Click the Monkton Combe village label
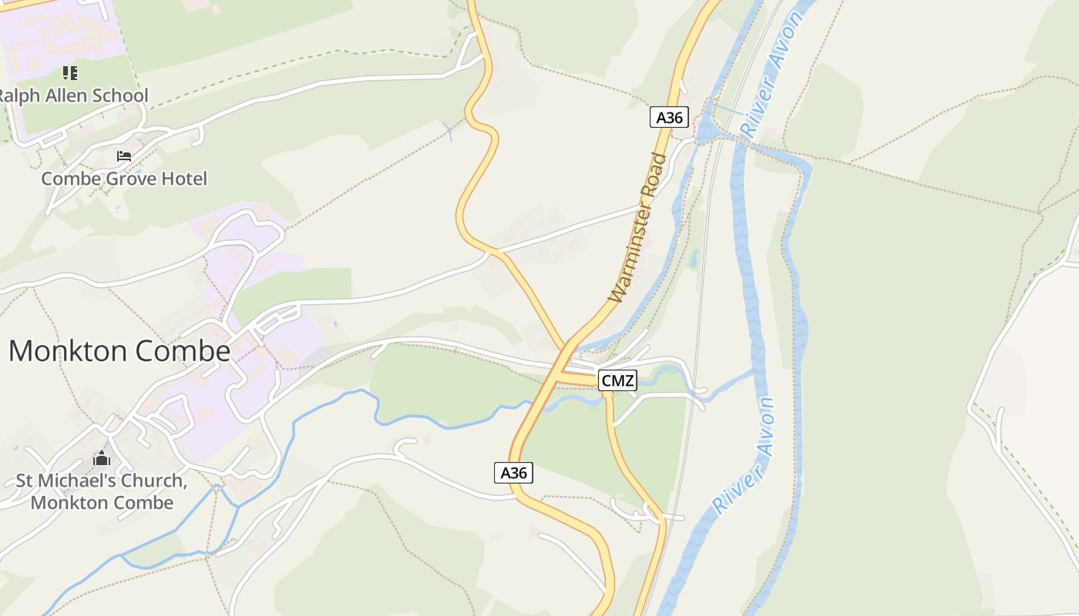[119, 351]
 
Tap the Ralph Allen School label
[74, 96]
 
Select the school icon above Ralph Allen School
[70, 73]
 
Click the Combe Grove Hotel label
[124, 179]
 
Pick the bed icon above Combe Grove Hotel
[124, 156]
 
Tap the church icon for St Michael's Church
[102, 459]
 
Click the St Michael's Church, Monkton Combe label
[102, 492]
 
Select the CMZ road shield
[617, 380]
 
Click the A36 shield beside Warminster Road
[668, 118]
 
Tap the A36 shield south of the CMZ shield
[513, 473]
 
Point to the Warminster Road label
[638, 228]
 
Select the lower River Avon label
[745, 456]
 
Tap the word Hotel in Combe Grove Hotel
[184, 179]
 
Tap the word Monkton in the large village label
[68, 351]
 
